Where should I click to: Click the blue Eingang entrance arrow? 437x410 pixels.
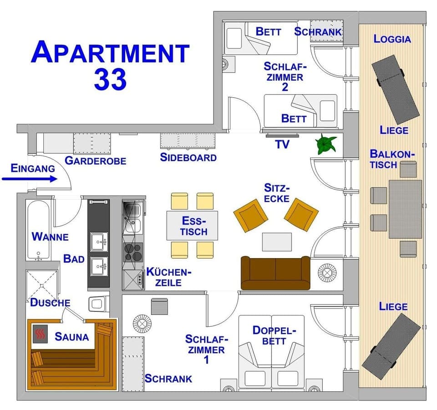[30, 179]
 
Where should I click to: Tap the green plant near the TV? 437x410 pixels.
[326, 145]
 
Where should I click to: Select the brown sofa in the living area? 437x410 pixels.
[275, 273]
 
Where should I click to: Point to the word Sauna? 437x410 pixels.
[71, 337]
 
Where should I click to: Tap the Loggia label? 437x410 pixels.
[392, 39]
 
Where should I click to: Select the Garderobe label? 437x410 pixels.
[95, 160]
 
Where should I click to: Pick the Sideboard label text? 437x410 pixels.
[188, 158]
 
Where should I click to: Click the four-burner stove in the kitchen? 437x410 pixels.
[133, 251]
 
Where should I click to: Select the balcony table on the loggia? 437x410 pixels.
[405, 209]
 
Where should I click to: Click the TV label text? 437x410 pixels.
[282, 145]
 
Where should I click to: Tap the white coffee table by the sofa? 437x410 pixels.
[277, 241]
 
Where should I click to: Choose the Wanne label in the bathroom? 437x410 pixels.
[50, 237]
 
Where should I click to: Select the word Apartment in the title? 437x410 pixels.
[110, 53]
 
